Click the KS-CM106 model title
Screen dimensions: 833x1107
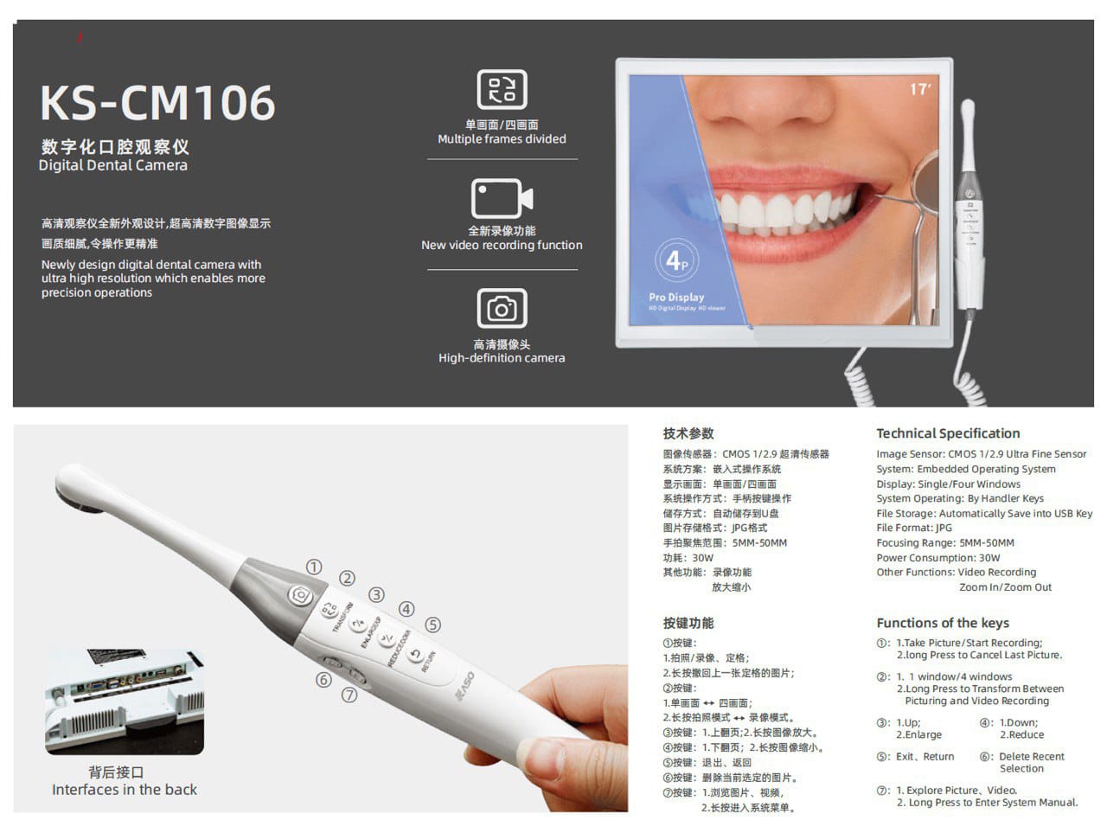coord(157,103)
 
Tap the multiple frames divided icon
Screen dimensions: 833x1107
coord(502,90)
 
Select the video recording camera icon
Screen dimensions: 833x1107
coord(502,199)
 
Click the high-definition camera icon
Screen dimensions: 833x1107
coord(502,308)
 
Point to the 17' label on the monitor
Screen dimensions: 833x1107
coord(920,89)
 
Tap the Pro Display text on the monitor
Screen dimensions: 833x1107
coord(676,297)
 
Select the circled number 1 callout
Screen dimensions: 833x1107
coord(314,567)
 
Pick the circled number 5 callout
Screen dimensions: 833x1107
coord(432,625)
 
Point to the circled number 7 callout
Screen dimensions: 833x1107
coord(349,695)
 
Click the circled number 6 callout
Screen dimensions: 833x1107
coord(323,680)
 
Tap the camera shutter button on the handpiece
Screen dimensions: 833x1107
coord(301,595)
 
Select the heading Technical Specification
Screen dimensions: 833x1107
coord(948,433)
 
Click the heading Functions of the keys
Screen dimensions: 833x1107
coord(943,623)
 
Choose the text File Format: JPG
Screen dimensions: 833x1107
coord(913,528)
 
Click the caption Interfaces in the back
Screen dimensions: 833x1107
coord(125,790)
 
